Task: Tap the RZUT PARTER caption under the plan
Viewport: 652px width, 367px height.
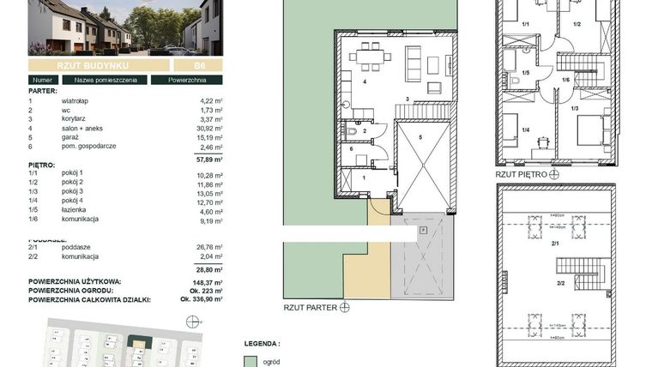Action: (x=311, y=305)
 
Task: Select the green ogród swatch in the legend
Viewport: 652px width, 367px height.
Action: (x=251, y=361)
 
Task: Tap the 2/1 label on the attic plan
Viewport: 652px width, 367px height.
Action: (x=556, y=244)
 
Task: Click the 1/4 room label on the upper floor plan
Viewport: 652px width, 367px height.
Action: (x=525, y=130)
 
